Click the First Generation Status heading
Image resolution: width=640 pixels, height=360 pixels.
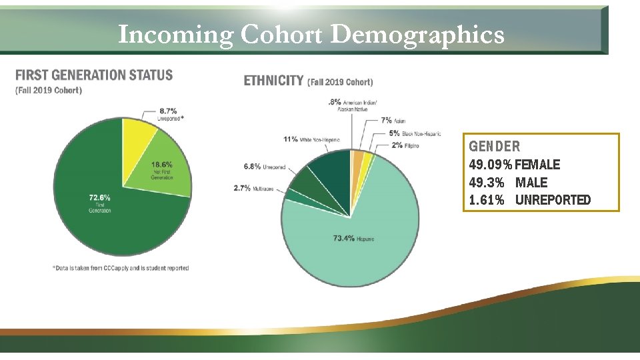pos(93,75)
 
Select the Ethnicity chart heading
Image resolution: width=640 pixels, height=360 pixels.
pos(273,81)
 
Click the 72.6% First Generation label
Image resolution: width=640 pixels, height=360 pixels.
pos(99,202)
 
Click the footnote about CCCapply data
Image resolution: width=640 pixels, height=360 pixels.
pos(120,268)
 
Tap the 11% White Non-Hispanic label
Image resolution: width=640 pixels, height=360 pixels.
pos(311,139)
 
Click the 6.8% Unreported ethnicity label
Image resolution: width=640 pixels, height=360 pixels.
pos(265,167)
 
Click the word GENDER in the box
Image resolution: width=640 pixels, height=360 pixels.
pos(494,146)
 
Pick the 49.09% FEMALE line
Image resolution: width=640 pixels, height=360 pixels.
pos(515,164)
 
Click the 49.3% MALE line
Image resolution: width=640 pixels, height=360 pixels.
pos(508,182)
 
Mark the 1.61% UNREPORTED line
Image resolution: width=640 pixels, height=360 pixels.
pos(530,200)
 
